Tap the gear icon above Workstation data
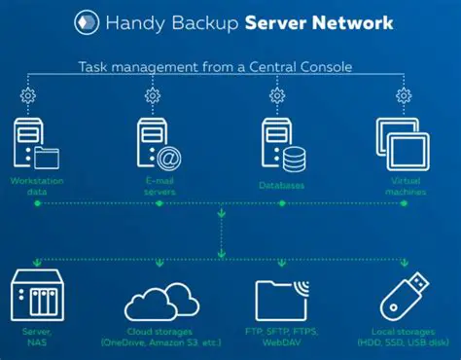[x=26, y=95]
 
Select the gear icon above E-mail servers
[x=153, y=95]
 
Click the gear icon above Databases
[x=277, y=95]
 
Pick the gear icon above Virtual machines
[x=403, y=95]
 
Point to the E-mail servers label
[x=156, y=186]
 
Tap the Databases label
[x=281, y=184]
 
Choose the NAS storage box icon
[x=36, y=293]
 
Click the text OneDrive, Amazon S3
[x=160, y=342]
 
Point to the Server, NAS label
[x=35, y=336]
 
